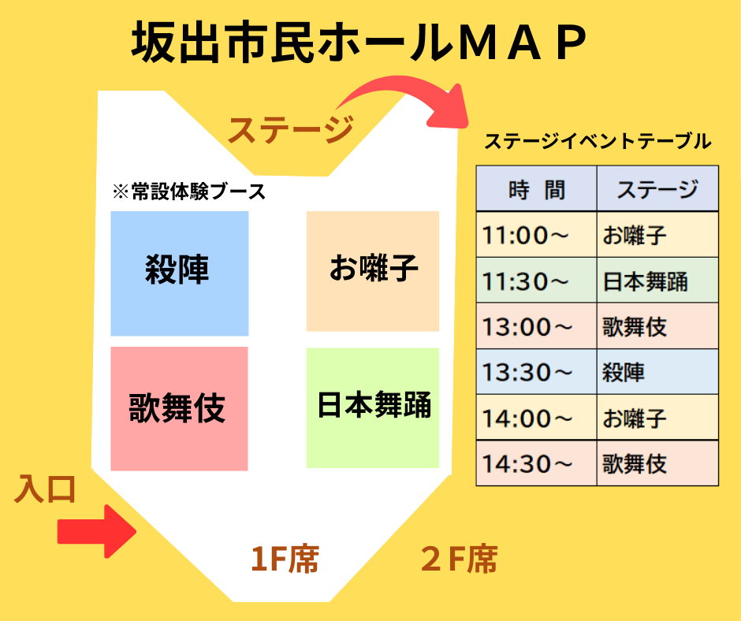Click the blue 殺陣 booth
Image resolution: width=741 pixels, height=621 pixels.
(x=180, y=273)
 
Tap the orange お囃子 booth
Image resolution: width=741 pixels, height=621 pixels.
(x=373, y=271)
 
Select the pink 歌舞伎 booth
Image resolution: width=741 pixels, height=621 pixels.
(x=179, y=409)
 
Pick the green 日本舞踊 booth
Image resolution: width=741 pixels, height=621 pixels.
(x=373, y=408)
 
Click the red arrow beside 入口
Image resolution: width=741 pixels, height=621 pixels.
(x=97, y=531)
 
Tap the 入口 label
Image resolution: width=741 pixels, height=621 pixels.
(x=45, y=489)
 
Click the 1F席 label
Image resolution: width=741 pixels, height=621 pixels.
(x=285, y=559)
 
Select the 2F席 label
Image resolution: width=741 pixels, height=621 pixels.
(x=459, y=559)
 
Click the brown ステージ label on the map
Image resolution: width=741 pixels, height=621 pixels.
(x=291, y=129)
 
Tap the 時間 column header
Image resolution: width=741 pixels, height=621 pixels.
(x=536, y=188)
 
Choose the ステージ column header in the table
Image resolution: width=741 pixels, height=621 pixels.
(x=657, y=188)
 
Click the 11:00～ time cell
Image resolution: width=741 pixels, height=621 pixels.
(x=536, y=234)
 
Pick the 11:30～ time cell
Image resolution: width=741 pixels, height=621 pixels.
(x=536, y=281)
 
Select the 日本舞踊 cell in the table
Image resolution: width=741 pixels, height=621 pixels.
(x=657, y=281)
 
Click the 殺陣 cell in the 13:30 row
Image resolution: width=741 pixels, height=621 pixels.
(x=657, y=372)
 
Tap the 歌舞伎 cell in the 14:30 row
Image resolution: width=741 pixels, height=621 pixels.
(x=657, y=463)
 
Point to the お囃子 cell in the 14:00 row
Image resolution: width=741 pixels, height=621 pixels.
(x=657, y=418)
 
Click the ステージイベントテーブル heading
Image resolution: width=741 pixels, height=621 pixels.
(x=598, y=141)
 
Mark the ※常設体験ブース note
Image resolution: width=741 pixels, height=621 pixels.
(x=189, y=192)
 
